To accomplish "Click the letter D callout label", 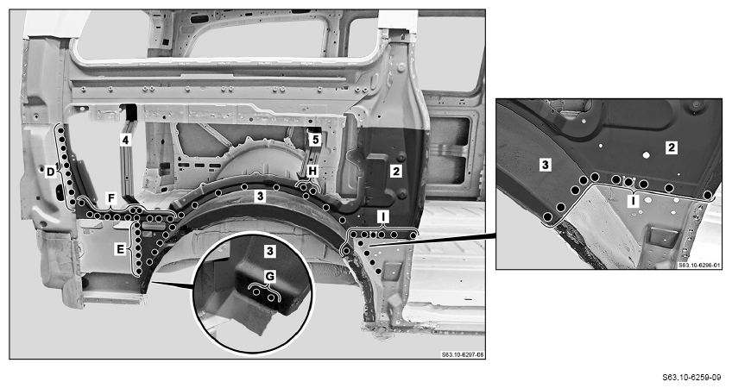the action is coord(50,172).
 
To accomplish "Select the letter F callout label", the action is coord(110,198).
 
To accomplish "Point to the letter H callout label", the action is coord(312,171).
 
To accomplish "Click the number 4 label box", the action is coord(125,140).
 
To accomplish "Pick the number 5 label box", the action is coord(315,140).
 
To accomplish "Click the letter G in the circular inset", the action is coord(270,277).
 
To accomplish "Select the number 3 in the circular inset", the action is coord(270,252).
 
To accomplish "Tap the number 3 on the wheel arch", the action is coord(261,196).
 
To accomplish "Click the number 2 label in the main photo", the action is coord(396,171).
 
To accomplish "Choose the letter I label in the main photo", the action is coord(383,217).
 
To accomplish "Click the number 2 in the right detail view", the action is coord(672,147).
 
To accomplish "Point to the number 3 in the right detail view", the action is coord(546,165).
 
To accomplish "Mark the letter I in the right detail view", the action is coord(633,202).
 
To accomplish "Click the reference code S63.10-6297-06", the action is coord(463,355).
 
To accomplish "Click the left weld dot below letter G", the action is coord(256,292).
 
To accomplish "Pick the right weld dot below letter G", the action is coord(271,298).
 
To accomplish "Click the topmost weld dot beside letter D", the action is coord(60,128).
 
